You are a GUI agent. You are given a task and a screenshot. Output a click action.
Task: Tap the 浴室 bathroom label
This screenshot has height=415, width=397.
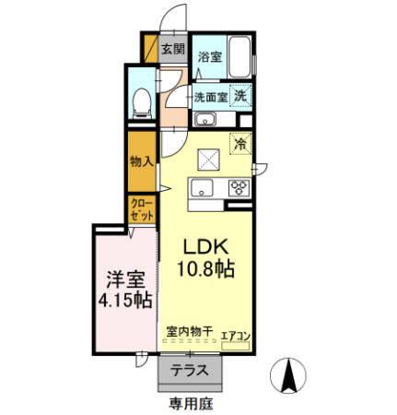coord(209,56)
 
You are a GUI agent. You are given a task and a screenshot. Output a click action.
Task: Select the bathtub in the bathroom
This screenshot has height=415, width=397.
coord(239,58)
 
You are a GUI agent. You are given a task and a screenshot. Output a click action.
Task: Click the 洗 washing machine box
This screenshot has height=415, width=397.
coord(239,95)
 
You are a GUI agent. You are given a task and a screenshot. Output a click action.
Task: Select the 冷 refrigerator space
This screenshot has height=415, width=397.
coord(239,144)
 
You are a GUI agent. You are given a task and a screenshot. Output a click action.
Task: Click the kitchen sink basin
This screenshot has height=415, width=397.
coord(202,189)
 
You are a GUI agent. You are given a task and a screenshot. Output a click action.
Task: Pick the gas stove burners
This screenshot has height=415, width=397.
coord(239,188)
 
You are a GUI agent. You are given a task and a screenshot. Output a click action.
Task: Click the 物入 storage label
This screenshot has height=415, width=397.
coord(141,160)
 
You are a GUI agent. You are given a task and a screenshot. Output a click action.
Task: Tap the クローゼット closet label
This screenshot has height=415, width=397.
coord(141,208)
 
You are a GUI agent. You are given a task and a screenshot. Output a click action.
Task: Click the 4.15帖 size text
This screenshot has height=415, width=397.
coord(123,300)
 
